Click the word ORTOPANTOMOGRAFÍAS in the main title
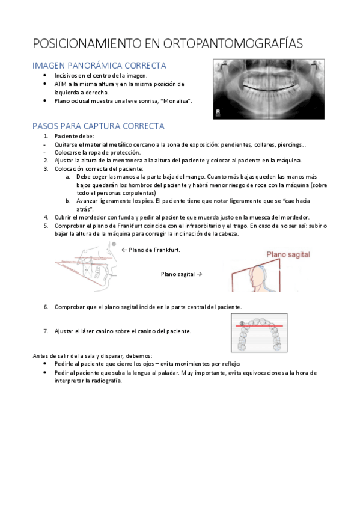click(x=233, y=43)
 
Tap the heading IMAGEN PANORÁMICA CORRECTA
click(x=99, y=66)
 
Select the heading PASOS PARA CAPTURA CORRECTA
click(x=99, y=126)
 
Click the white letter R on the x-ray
click(x=218, y=112)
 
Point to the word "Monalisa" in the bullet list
click(x=175, y=101)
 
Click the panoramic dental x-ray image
click(x=269, y=89)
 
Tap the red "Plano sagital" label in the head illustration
click(x=288, y=254)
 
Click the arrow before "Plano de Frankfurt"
click(x=124, y=250)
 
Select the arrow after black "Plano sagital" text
click(x=199, y=274)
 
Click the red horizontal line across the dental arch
click(x=259, y=325)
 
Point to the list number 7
click(x=46, y=331)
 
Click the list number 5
click(x=46, y=226)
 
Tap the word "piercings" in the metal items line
click(x=291, y=145)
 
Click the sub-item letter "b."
click(x=68, y=201)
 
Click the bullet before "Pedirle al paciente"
click(x=45, y=364)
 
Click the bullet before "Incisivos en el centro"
click(x=45, y=75)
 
